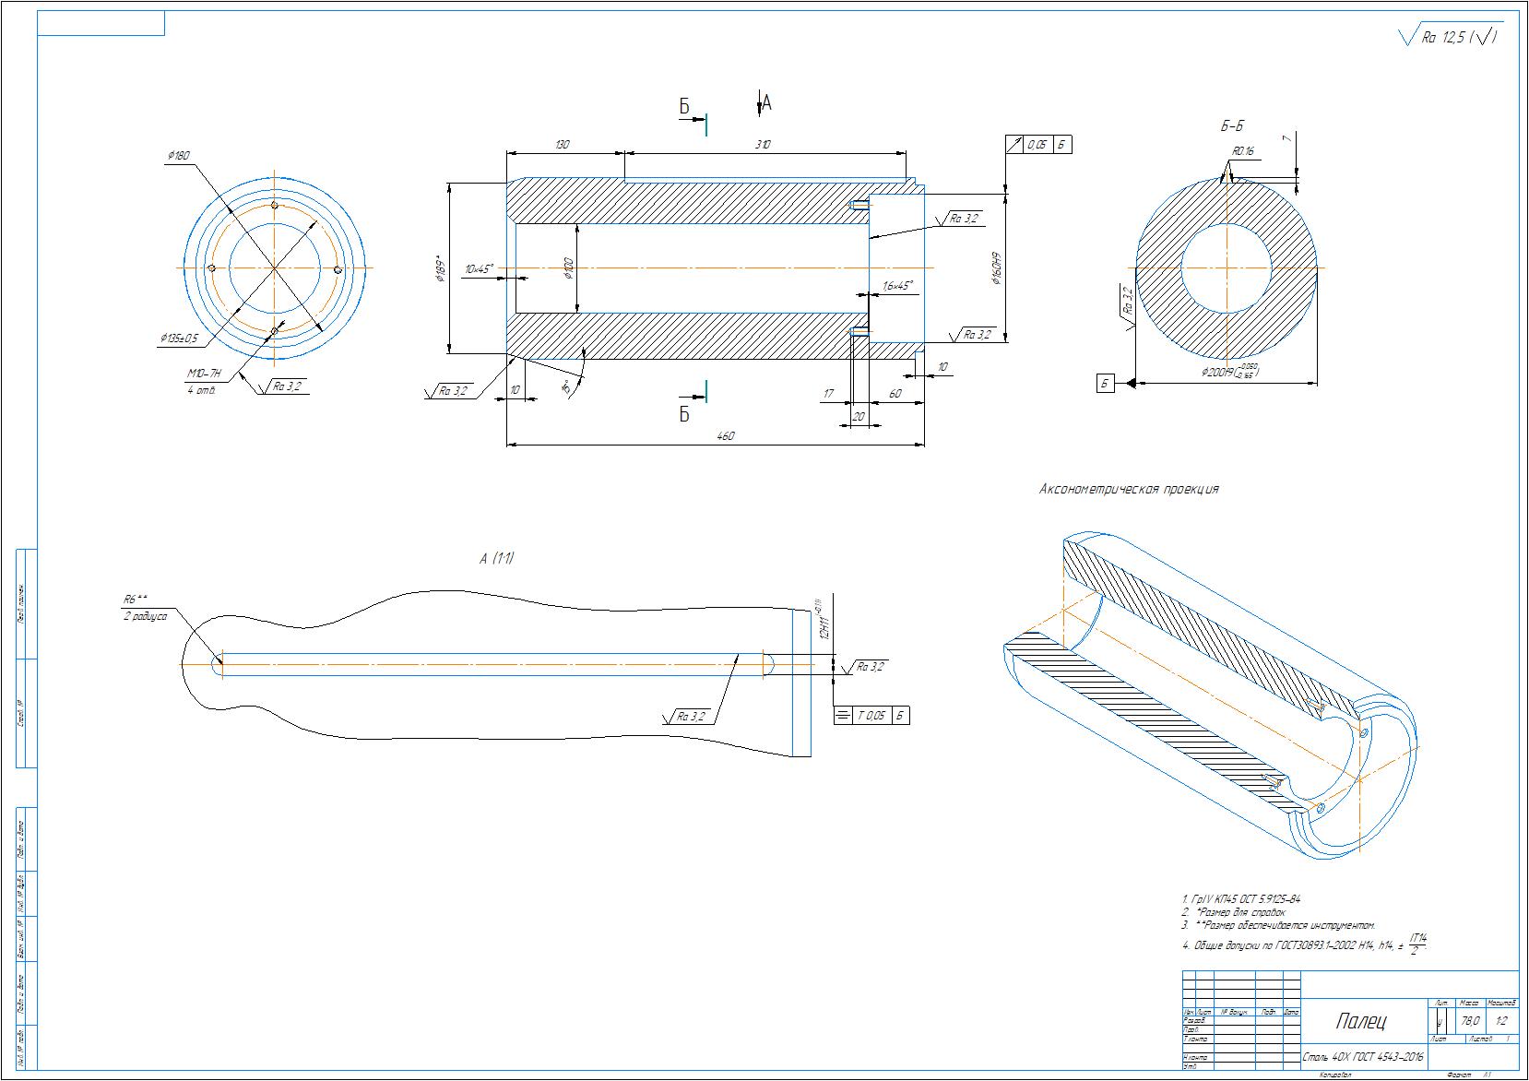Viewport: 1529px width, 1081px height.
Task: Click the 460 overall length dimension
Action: pos(726,436)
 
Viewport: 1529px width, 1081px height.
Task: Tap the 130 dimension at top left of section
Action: pos(563,145)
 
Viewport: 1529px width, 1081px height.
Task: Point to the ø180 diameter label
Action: pos(179,156)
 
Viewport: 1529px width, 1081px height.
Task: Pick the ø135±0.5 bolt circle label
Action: pos(180,339)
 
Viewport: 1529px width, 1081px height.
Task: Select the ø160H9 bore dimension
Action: pos(997,267)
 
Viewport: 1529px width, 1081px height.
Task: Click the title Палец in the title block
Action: pos(1360,1021)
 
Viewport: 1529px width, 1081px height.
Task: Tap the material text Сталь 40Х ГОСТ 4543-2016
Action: pos(1363,1056)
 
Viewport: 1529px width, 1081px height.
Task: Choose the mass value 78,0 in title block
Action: pos(1469,1021)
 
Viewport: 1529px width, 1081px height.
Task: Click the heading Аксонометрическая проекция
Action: pos(1129,490)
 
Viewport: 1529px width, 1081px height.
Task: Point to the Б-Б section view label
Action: pos(1230,126)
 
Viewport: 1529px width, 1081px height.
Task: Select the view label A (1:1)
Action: pos(497,558)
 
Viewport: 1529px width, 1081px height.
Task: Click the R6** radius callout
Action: pos(135,598)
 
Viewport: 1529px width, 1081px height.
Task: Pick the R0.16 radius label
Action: pos(1243,151)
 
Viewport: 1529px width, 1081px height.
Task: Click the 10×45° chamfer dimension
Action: pos(479,269)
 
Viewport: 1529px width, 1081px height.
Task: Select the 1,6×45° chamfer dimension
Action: pos(896,286)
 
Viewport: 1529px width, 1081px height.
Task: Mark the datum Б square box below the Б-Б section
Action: pos(1106,383)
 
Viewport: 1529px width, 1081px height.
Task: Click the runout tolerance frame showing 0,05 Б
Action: pos(1038,145)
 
